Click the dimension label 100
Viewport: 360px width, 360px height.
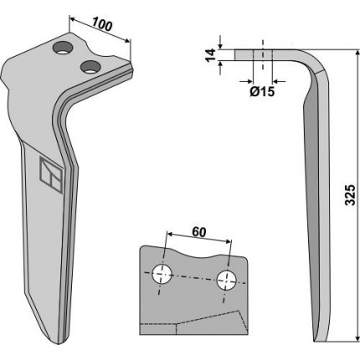102,23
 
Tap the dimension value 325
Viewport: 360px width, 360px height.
350,195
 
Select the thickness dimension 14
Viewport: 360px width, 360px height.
211,55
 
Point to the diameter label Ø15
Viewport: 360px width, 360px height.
262,91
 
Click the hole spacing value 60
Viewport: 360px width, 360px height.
199,232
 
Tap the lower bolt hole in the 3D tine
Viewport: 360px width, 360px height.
90,67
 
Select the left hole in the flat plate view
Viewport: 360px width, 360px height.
162,274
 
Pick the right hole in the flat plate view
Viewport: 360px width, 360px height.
227,280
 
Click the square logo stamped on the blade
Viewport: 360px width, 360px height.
50,175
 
